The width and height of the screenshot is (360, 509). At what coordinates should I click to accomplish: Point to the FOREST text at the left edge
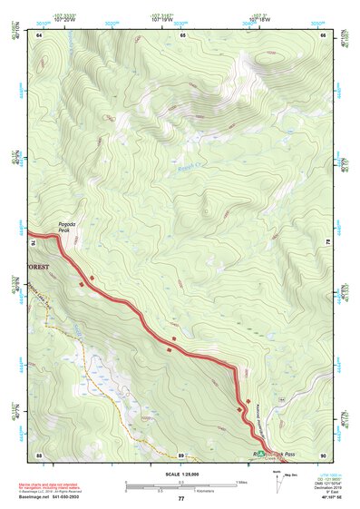point(38,268)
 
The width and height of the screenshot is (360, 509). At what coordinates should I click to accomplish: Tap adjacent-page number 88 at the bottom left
point(40,455)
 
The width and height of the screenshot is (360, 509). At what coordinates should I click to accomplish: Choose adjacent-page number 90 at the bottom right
point(323,455)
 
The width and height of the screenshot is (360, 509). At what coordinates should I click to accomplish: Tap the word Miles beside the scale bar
point(242,482)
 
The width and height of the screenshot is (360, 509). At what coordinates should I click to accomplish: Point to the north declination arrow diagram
point(276,479)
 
